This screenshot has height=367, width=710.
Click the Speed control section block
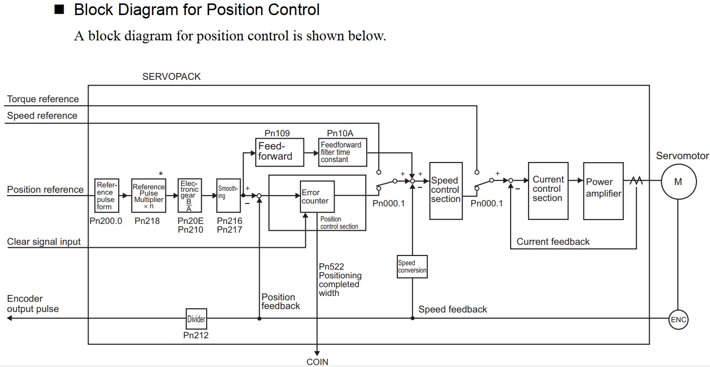tap(445, 190)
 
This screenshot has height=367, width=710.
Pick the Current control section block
tap(548, 190)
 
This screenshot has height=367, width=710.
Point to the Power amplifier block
tap(603, 190)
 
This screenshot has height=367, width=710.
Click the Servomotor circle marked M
tap(678, 182)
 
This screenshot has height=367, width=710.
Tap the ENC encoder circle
tap(678, 319)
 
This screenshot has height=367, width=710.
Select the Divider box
tap(196, 319)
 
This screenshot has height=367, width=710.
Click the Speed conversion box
tap(412, 266)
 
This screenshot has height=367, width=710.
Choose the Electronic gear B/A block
tap(189, 195)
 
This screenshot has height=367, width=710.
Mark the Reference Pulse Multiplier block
tap(148, 195)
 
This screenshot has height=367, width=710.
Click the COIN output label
tap(317, 362)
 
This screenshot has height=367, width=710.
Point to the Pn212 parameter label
tap(196, 335)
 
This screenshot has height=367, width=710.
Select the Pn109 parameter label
tap(277, 133)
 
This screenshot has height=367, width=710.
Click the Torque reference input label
tap(43, 99)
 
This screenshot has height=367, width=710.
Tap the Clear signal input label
tap(44, 242)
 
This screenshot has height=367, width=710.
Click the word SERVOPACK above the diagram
tap(171, 76)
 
